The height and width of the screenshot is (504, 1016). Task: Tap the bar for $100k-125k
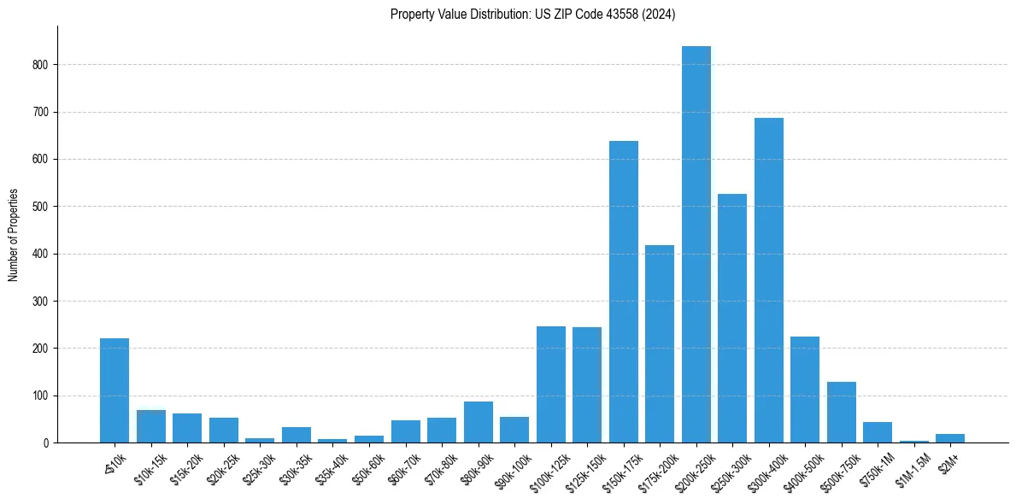point(551,384)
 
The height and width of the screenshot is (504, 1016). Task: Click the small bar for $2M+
point(950,438)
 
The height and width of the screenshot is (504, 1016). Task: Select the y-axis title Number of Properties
point(14,235)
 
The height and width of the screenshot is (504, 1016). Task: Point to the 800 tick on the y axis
point(46,65)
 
